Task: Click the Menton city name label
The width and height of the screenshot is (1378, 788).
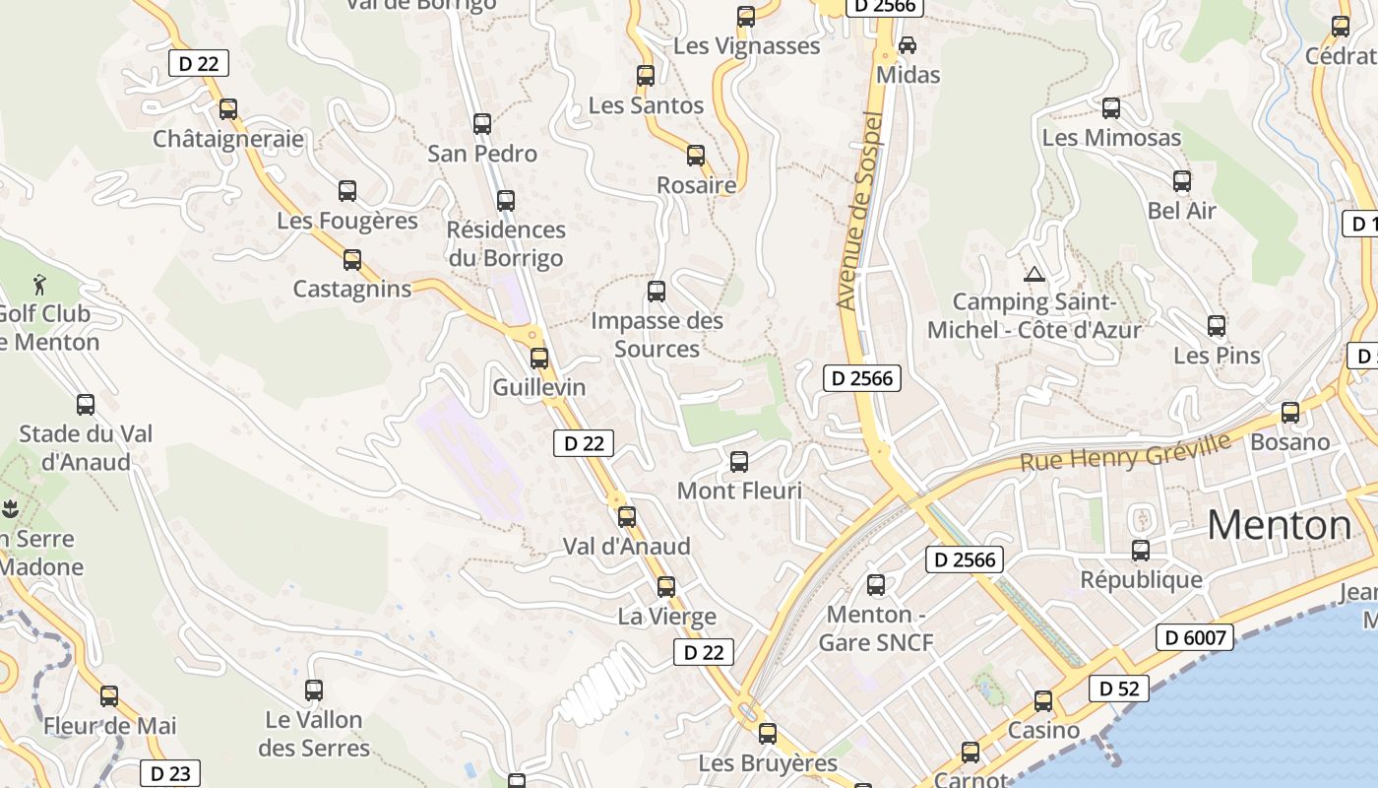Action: (x=1279, y=526)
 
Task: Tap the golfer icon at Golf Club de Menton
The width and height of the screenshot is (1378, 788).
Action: (x=39, y=285)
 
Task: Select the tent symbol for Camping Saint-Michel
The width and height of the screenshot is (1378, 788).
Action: (x=1033, y=274)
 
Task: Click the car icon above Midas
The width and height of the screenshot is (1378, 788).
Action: (x=908, y=45)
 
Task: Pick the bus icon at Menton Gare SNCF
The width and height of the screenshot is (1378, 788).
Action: (x=876, y=585)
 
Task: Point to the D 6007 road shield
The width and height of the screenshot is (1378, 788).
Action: (x=1194, y=637)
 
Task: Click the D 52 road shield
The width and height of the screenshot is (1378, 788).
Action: (x=1119, y=689)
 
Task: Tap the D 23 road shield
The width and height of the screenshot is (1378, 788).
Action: (x=170, y=773)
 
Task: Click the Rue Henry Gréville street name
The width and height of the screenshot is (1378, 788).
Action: (x=1125, y=451)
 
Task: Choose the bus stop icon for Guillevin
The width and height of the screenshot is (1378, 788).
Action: (x=539, y=359)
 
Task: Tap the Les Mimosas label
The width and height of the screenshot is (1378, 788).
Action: (x=1111, y=137)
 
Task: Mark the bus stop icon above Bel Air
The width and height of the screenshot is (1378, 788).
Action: (x=1182, y=181)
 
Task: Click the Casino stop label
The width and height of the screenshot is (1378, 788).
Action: (x=1043, y=730)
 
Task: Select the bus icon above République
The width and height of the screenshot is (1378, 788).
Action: (x=1141, y=551)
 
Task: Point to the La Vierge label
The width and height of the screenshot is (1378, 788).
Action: (x=666, y=617)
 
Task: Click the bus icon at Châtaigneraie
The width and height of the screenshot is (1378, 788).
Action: (x=228, y=109)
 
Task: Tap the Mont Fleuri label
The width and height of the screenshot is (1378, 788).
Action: (x=739, y=490)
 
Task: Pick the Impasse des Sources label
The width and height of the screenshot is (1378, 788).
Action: (x=657, y=334)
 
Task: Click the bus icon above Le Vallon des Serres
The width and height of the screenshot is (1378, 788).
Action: (x=314, y=690)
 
